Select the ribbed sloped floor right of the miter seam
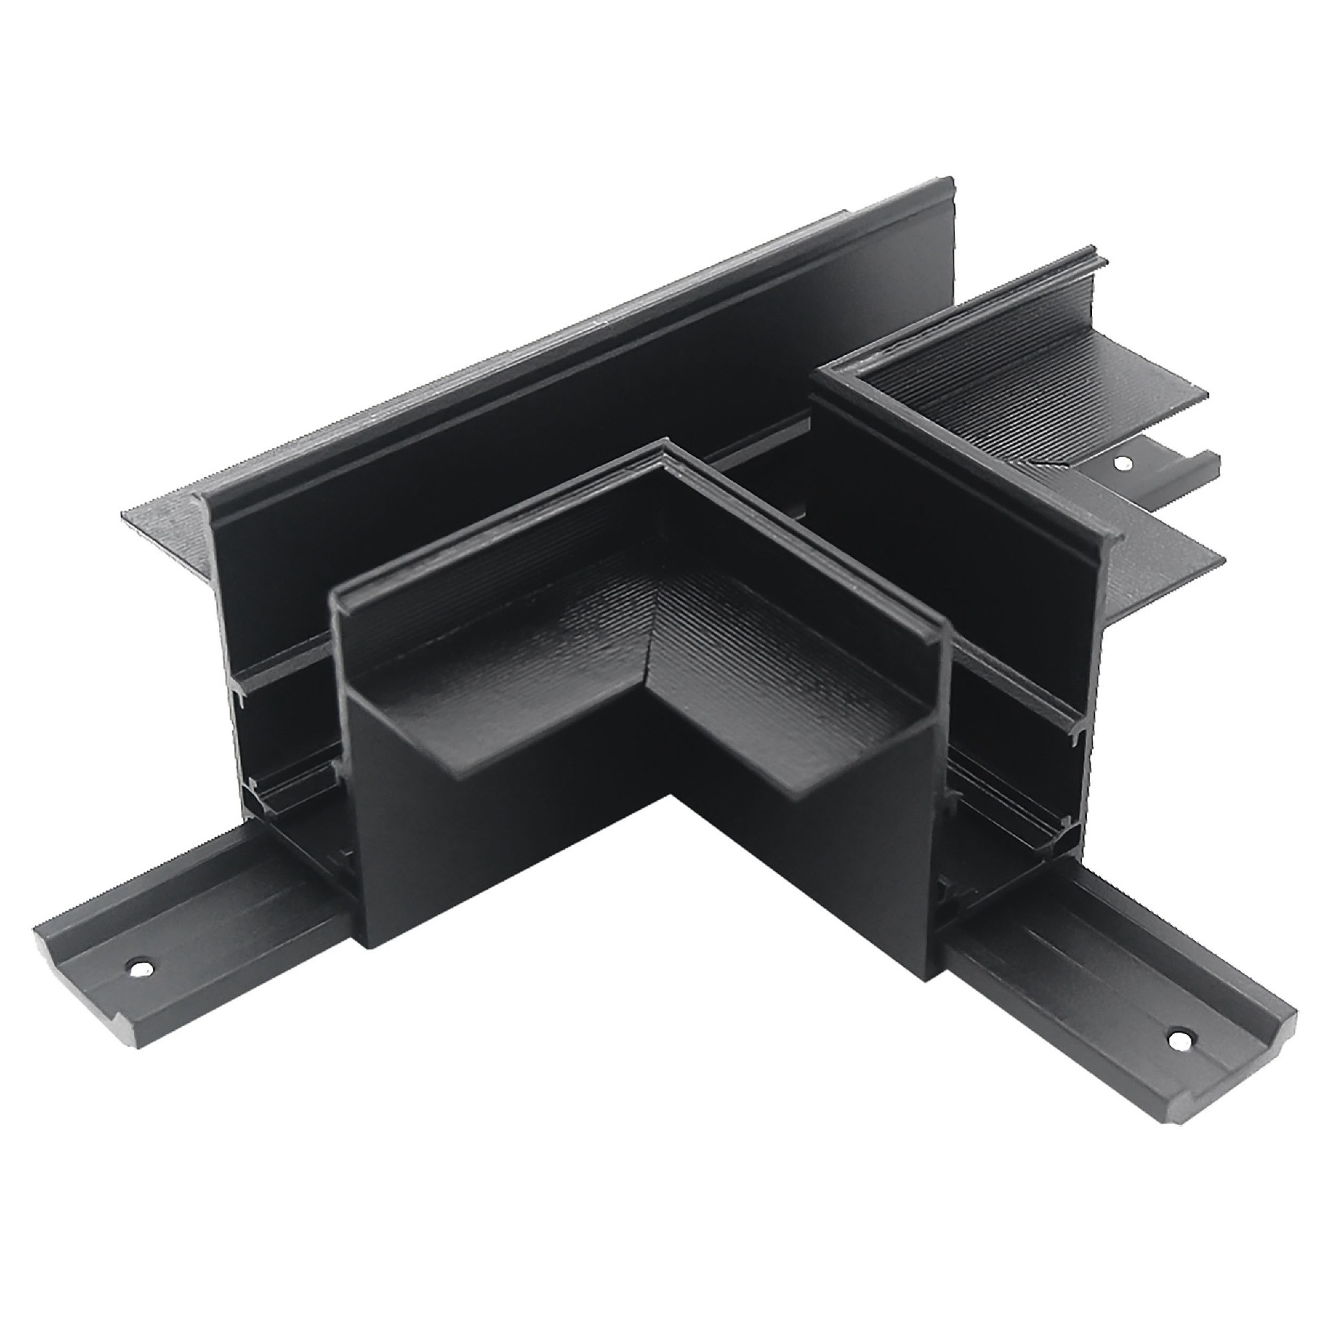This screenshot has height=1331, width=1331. tap(758, 648)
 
